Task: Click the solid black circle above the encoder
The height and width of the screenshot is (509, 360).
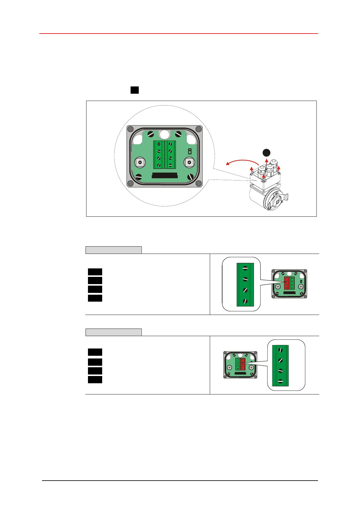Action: [266, 153]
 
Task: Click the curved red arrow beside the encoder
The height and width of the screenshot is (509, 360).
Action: [242, 161]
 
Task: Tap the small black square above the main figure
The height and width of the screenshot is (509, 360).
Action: [135, 90]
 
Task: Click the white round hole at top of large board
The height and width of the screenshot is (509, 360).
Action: [165, 134]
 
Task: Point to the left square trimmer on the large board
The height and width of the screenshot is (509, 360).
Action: [140, 163]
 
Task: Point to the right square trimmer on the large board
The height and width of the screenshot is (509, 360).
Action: [190, 163]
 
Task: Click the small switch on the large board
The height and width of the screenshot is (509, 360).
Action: [190, 151]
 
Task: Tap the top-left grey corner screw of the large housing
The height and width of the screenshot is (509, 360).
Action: [131, 129]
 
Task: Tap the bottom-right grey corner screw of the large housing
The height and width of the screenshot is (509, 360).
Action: [199, 183]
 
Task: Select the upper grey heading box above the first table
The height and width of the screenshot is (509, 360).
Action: [113, 250]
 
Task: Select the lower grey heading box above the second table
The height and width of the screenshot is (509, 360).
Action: [113, 332]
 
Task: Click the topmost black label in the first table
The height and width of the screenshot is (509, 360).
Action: [95, 272]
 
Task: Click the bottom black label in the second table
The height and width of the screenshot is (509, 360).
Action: [95, 380]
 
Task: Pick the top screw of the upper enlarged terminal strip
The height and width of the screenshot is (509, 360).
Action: [245, 268]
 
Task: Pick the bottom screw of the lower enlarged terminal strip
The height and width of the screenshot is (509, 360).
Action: [281, 381]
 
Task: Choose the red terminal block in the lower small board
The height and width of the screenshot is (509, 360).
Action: [243, 365]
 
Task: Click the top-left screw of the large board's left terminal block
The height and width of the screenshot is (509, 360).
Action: [159, 144]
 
